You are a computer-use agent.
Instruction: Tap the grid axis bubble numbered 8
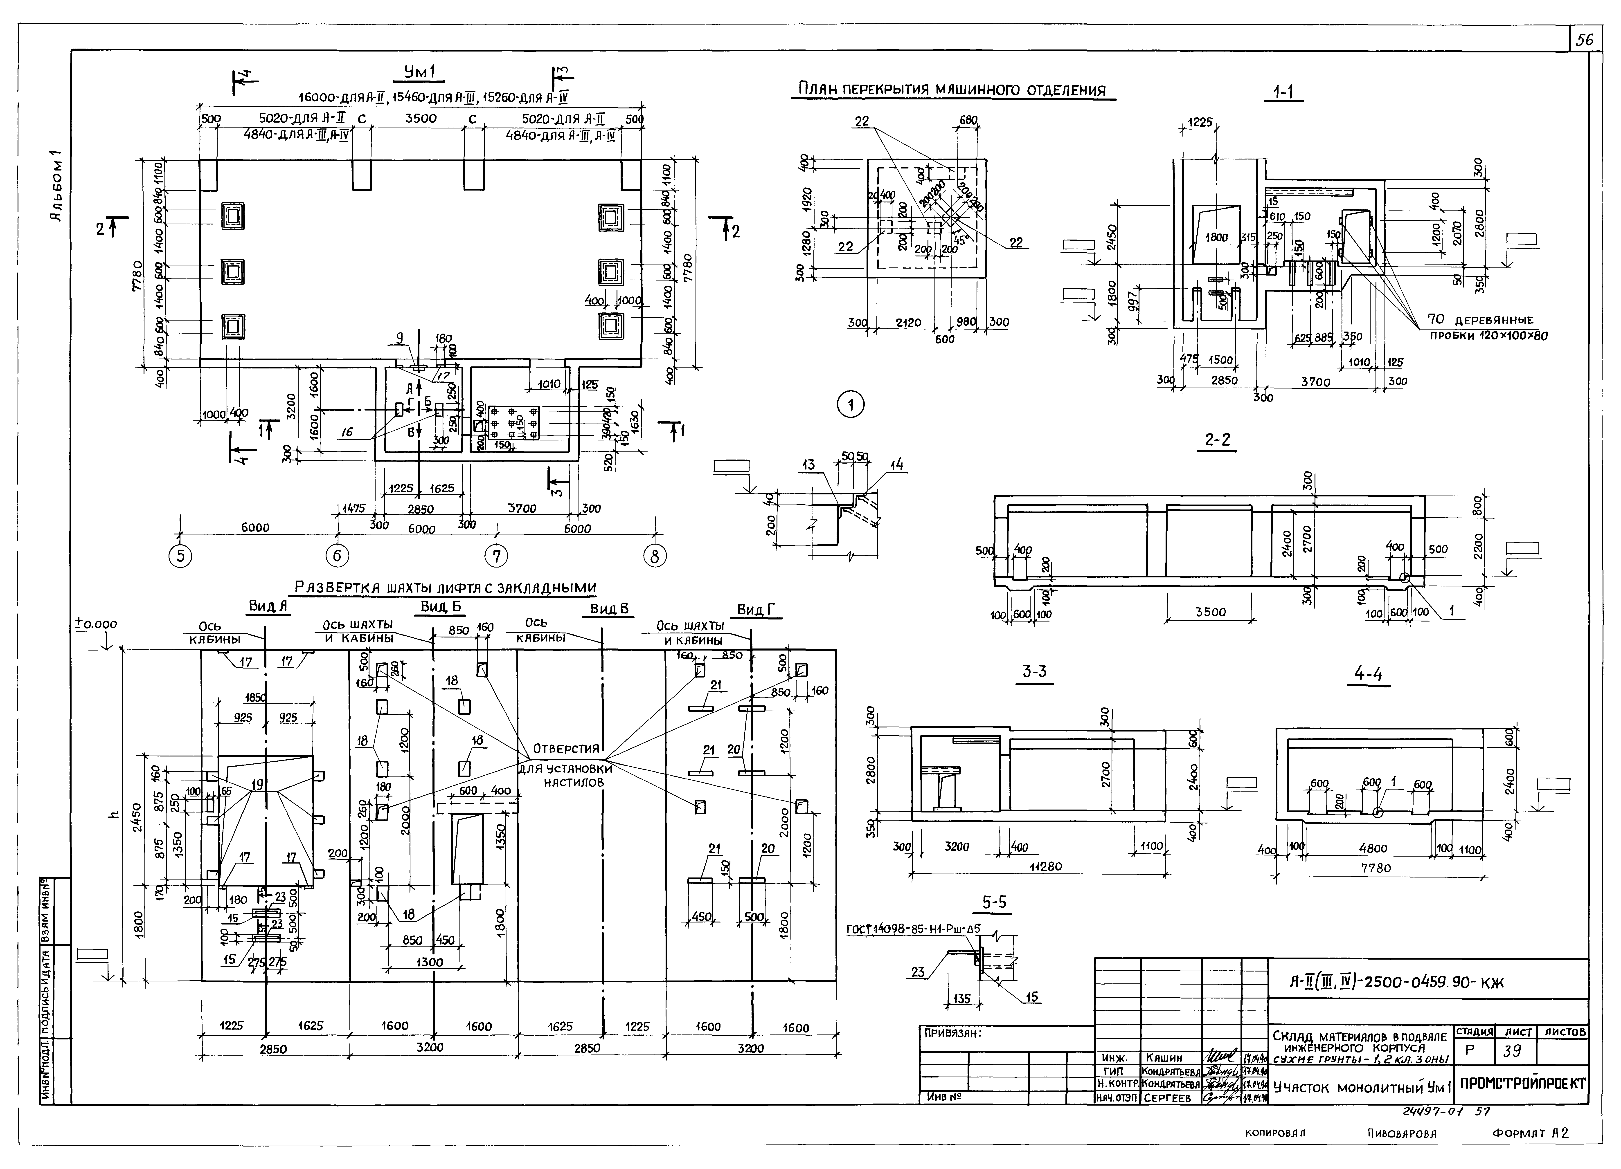tap(655, 556)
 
